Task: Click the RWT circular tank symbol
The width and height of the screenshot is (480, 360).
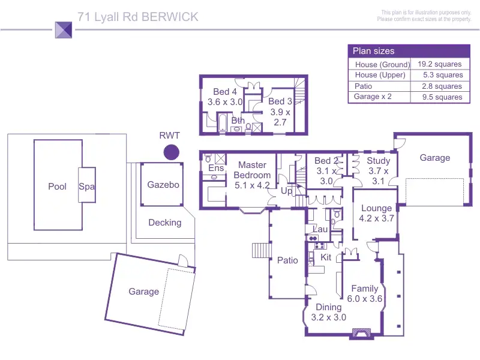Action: pos(172,152)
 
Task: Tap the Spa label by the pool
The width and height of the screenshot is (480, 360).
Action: pos(87,187)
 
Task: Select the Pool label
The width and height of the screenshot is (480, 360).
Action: pos(57,187)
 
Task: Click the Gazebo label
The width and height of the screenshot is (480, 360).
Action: pos(163,185)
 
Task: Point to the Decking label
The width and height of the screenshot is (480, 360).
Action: pos(164,223)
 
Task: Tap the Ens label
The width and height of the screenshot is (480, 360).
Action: pos(216,169)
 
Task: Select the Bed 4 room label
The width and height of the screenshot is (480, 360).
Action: pos(225,97)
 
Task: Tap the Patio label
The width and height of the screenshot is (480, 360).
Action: pos(287,260)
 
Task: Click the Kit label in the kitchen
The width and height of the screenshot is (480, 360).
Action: pos(326,257)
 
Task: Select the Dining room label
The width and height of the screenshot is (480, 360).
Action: pos(328,312)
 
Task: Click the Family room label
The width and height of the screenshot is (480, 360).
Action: pos(365,293)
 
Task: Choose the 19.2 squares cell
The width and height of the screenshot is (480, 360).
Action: pos(439,64)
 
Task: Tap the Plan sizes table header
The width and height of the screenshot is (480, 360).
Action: pos(373,51)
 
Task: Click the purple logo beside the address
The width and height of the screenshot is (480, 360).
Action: pos(64,29)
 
